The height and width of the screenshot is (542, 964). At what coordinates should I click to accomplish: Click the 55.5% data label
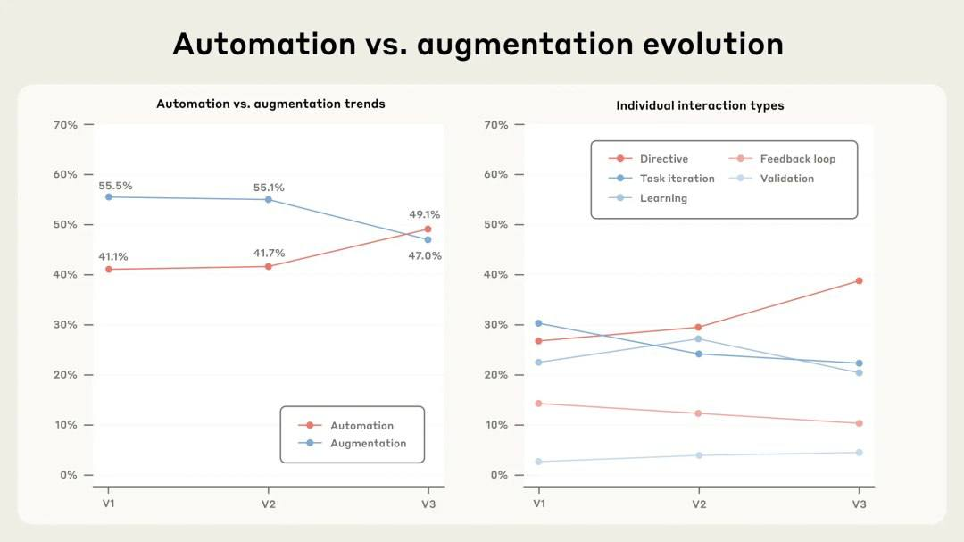115,186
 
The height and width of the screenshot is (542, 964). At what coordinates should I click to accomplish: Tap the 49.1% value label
424,214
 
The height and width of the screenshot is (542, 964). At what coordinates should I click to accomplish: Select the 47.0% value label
424,255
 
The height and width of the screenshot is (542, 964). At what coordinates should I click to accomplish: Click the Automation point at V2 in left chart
269,266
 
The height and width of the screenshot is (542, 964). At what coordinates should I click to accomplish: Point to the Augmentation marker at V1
109,196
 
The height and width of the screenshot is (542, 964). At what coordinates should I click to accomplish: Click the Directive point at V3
859,280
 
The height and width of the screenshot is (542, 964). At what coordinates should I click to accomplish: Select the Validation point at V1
538,462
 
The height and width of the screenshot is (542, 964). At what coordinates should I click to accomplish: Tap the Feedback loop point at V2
698,413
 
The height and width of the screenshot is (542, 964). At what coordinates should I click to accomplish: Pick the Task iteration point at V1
538,323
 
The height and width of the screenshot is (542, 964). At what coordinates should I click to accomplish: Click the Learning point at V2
698,338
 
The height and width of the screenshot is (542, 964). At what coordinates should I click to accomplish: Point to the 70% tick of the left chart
68,125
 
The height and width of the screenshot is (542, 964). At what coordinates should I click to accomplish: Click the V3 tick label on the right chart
859,504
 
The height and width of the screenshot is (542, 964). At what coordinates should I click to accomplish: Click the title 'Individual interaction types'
700,105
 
